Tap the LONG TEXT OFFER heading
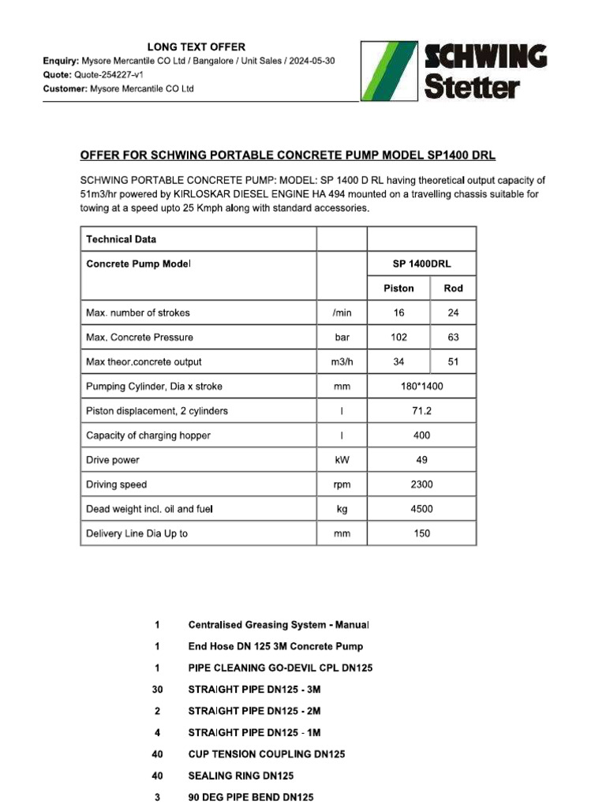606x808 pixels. (197, 47)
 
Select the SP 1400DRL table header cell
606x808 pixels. (422, 264)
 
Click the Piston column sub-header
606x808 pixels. (399, 288)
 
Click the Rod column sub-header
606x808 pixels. (453, 288)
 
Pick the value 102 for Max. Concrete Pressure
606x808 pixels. (399, 337)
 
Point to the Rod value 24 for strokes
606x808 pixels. (453, 312)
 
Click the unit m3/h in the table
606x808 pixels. (342, 361)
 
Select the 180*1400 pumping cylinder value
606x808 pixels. (422, 387)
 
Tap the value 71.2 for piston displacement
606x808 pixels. (422, 411)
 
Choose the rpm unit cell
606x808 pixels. (342, 484)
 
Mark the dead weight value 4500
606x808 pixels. (422, 509)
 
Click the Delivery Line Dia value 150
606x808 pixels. (422, 533)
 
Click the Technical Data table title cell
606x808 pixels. (122, 239)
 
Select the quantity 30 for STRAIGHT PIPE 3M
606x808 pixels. (157, 690)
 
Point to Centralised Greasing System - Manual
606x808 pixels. (278, 625)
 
